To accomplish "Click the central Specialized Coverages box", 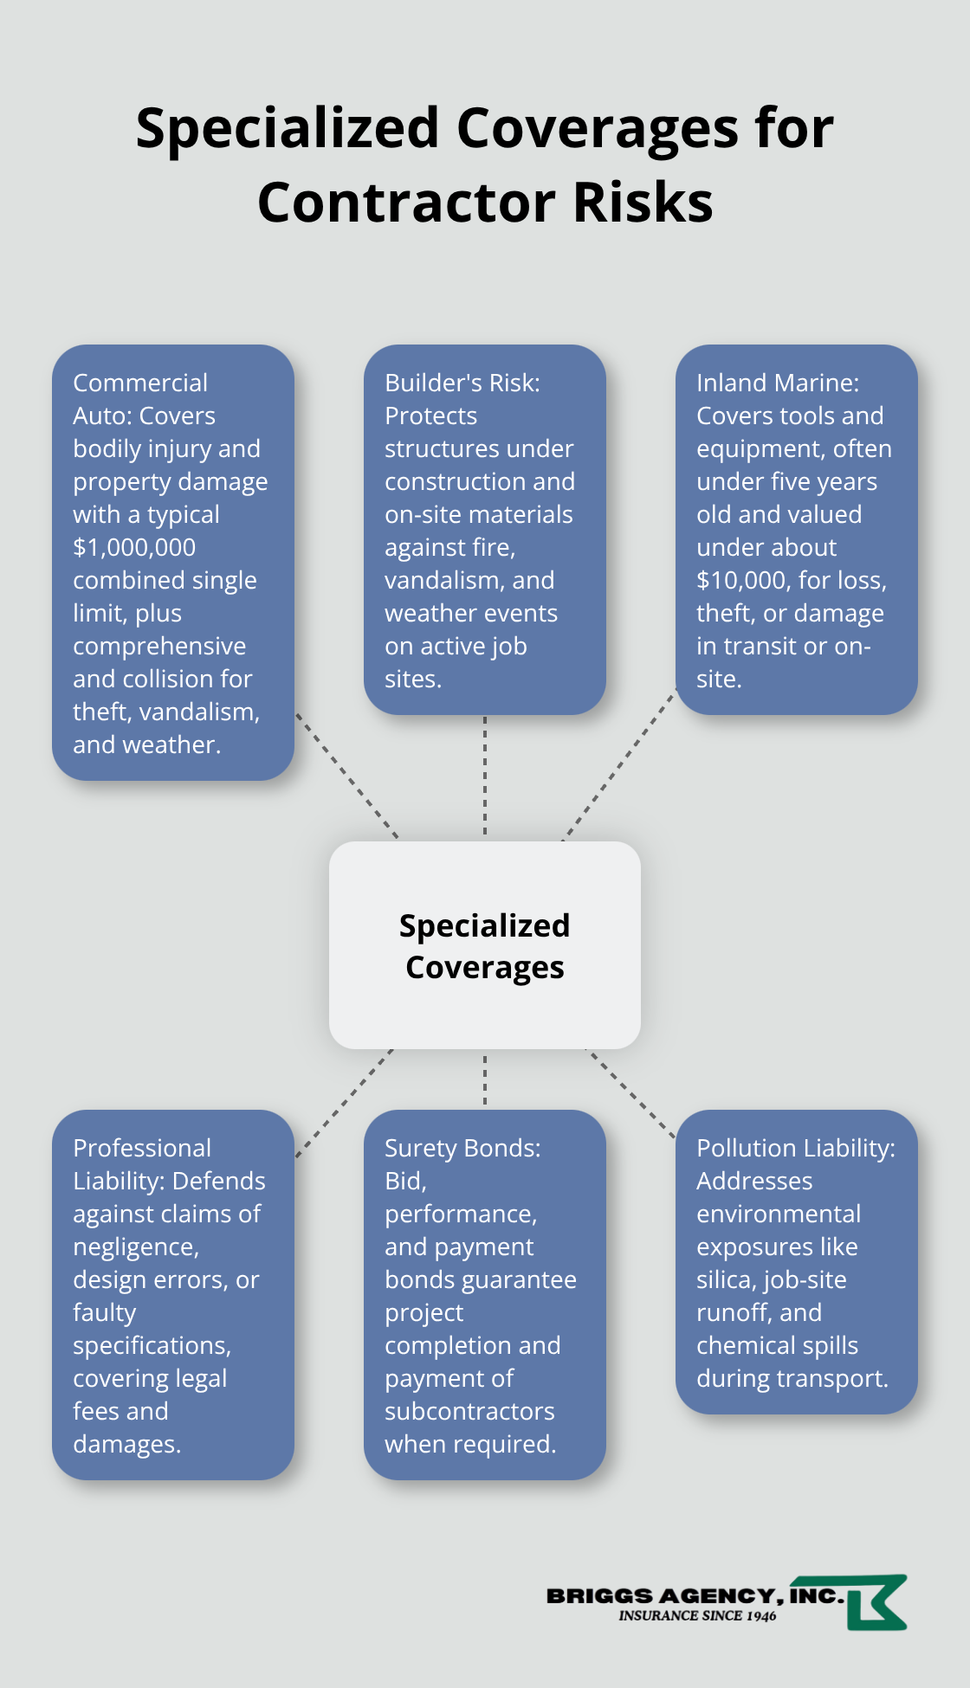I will [484, 945].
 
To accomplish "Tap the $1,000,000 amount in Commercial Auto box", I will [134, 548].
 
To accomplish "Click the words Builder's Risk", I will [462, 383].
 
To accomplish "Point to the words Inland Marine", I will [777, 383].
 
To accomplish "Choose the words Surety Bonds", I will [462, 1149].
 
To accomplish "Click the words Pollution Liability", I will [795, 1149].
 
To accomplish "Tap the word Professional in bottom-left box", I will [142, 1149].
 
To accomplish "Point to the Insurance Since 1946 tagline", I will [697, 1616].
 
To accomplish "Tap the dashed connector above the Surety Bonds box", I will [485, 1079].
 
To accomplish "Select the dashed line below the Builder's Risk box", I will [485, 775].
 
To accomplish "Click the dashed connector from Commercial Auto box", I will [346, 776].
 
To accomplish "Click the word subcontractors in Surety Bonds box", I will [469, 1412].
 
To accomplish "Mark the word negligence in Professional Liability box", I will [135, 1247].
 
